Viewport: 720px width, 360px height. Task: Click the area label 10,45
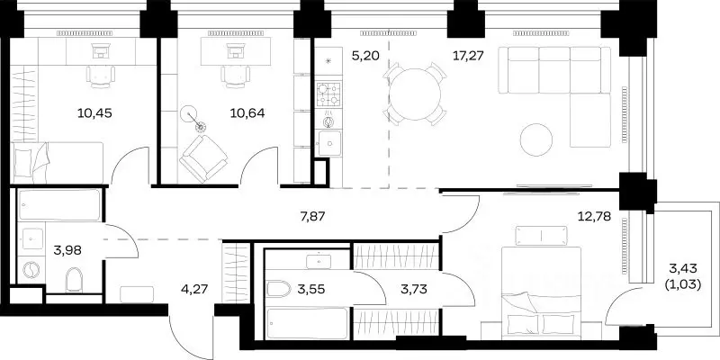(x=94, y=113)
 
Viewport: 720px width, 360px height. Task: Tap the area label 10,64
(x=247, y=113)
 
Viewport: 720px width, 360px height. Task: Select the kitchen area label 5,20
(x=365, y=56)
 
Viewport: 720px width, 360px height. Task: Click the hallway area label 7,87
(x=312, y=216)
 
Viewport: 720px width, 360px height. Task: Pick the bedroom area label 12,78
(x=594, y=216)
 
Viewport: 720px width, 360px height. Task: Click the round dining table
(x=415, y=94)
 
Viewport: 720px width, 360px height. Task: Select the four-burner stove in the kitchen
(x=328, y=94)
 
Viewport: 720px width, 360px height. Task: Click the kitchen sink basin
(x=328, y=143)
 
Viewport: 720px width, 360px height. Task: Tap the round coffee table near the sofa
(x=536, y=139)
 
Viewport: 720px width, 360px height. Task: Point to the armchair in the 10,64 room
(x=203, y=158)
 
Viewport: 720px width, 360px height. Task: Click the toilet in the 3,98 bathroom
(x=74, y=279)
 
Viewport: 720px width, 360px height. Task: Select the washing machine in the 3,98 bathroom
(x=31, y=270)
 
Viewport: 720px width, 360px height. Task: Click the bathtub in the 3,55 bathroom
(x=307, y=323)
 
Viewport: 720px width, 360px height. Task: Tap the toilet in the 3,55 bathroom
(x=279, y=289)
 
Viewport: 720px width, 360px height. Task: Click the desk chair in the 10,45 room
(x=100, y=76)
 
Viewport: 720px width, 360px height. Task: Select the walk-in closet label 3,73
(x=414, y=289)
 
